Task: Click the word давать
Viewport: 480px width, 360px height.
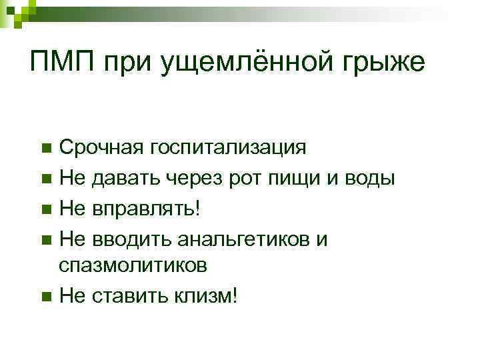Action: tap(122, 179)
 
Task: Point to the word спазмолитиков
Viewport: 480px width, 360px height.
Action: tap(133, 265)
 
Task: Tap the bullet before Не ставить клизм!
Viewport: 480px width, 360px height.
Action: tap(45, 296)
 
